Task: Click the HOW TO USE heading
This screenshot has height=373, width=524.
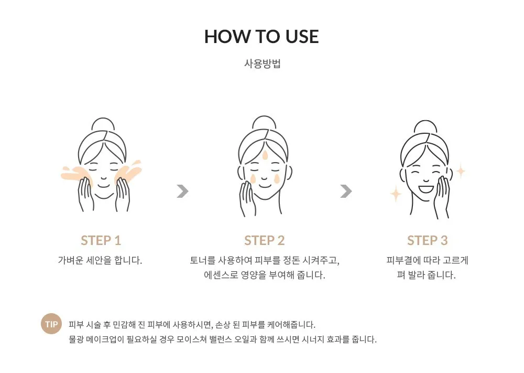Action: pos(261,37)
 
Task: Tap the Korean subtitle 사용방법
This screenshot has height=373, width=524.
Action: pos(263,63)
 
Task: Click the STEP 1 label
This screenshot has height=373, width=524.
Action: pos(101,240)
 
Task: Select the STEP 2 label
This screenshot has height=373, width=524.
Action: pos(264,240)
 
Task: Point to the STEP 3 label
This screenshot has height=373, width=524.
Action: pos(427,240)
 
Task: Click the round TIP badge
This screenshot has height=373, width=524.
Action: pos(51,324)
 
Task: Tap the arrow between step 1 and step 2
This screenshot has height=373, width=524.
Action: pos(182,191)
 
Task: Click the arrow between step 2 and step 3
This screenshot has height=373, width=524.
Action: pos(346,191)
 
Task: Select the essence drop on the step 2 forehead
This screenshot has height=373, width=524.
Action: pos(265,155)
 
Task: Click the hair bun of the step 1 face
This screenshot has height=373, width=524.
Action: pos(103,124)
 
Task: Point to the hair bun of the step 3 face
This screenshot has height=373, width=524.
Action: pos(425,126)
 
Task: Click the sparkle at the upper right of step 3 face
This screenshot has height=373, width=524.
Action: pos(461,171)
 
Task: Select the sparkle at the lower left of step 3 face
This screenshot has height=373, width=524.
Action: pos(396,194)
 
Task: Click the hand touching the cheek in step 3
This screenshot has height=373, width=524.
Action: pos(442,197)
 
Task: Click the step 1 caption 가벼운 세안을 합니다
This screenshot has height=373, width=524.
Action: pos(100,260)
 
